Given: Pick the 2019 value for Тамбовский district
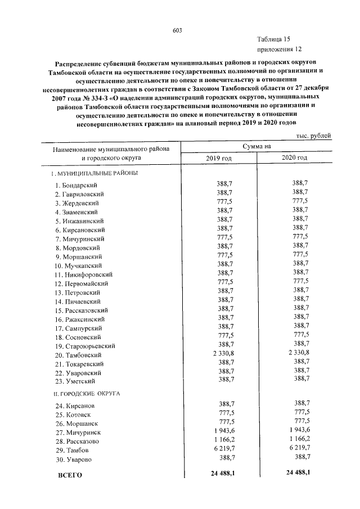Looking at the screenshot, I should [224, 353].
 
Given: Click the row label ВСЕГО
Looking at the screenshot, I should [70, 475].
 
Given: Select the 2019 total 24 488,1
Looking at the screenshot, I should [222, 474].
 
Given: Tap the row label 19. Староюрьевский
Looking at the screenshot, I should [85, 346].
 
